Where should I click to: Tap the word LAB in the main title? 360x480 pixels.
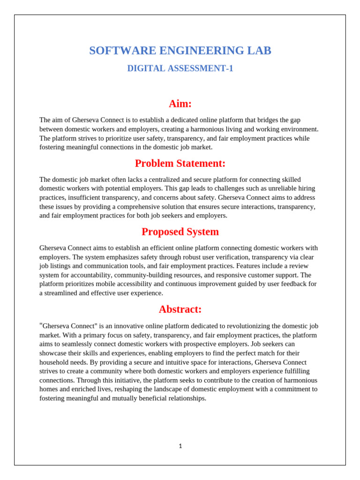pyautogui.click(x=260, y=51)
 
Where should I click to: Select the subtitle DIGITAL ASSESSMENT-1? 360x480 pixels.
pyautogui.click(x=180, y=68)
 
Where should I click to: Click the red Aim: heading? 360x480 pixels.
pyautogui.click(x=180, y=104)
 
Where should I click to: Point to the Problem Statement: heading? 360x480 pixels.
pyautogui.click(x=180, y=164)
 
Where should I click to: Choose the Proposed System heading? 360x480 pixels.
pyautogui.click(x=180, y=232)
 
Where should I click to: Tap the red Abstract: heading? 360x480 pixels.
pyautogui.click(x=180, y=309)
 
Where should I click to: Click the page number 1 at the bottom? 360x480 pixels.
pyautogui.click(x=180, y=446)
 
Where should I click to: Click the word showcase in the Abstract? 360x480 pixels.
pyautogui.click(x=53, y=353)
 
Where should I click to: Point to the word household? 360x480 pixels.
pyautogui.click(x=53, y=362)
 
